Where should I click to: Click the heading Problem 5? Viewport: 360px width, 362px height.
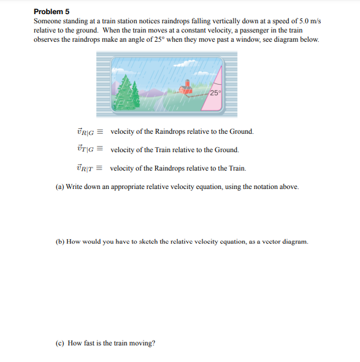pos(52,12)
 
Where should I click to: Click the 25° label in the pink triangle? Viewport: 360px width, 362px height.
pos(215,93)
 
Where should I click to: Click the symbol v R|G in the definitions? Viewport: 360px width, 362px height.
pos(85,132)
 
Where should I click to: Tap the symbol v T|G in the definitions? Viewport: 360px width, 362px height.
pos(85,150)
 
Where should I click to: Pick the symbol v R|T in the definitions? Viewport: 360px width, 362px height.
pos(85,168)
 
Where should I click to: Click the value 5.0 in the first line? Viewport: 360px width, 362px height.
pos(294,21)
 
